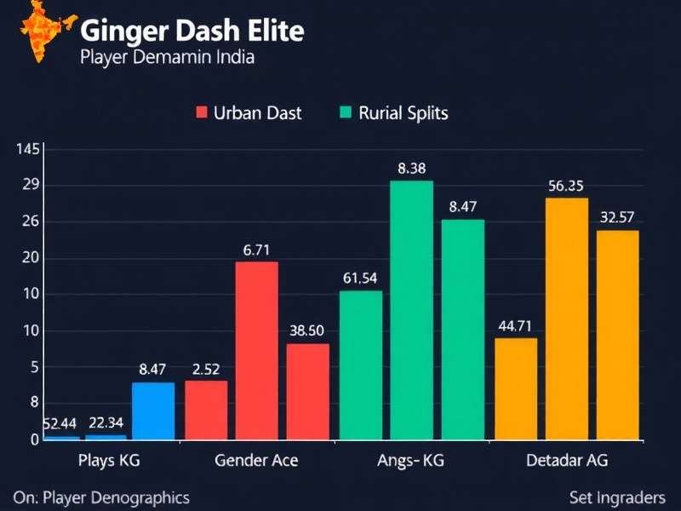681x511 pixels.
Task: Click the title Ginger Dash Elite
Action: [x=192, y=32]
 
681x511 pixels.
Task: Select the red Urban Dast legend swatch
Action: [x=202, y=112]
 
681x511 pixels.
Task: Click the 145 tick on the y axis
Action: [x=28, y=150]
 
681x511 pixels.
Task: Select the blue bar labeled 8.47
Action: [x=153, y=411]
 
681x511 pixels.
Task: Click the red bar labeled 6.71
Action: [x=256, y=350]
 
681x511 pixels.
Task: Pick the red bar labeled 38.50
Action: [x=307, y=392]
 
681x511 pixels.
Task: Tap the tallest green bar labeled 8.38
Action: [x=411, y=310]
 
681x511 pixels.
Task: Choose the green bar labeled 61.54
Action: [x=360, y=365]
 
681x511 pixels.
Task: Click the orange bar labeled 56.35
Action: [x=567, y=319]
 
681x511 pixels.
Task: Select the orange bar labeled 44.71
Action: [x=516, y=388]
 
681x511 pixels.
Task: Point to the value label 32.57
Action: [x=617, y=217]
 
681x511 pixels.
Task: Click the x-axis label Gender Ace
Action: [x=256, y=461]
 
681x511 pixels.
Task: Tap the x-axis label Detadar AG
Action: [x=566, y=461]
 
